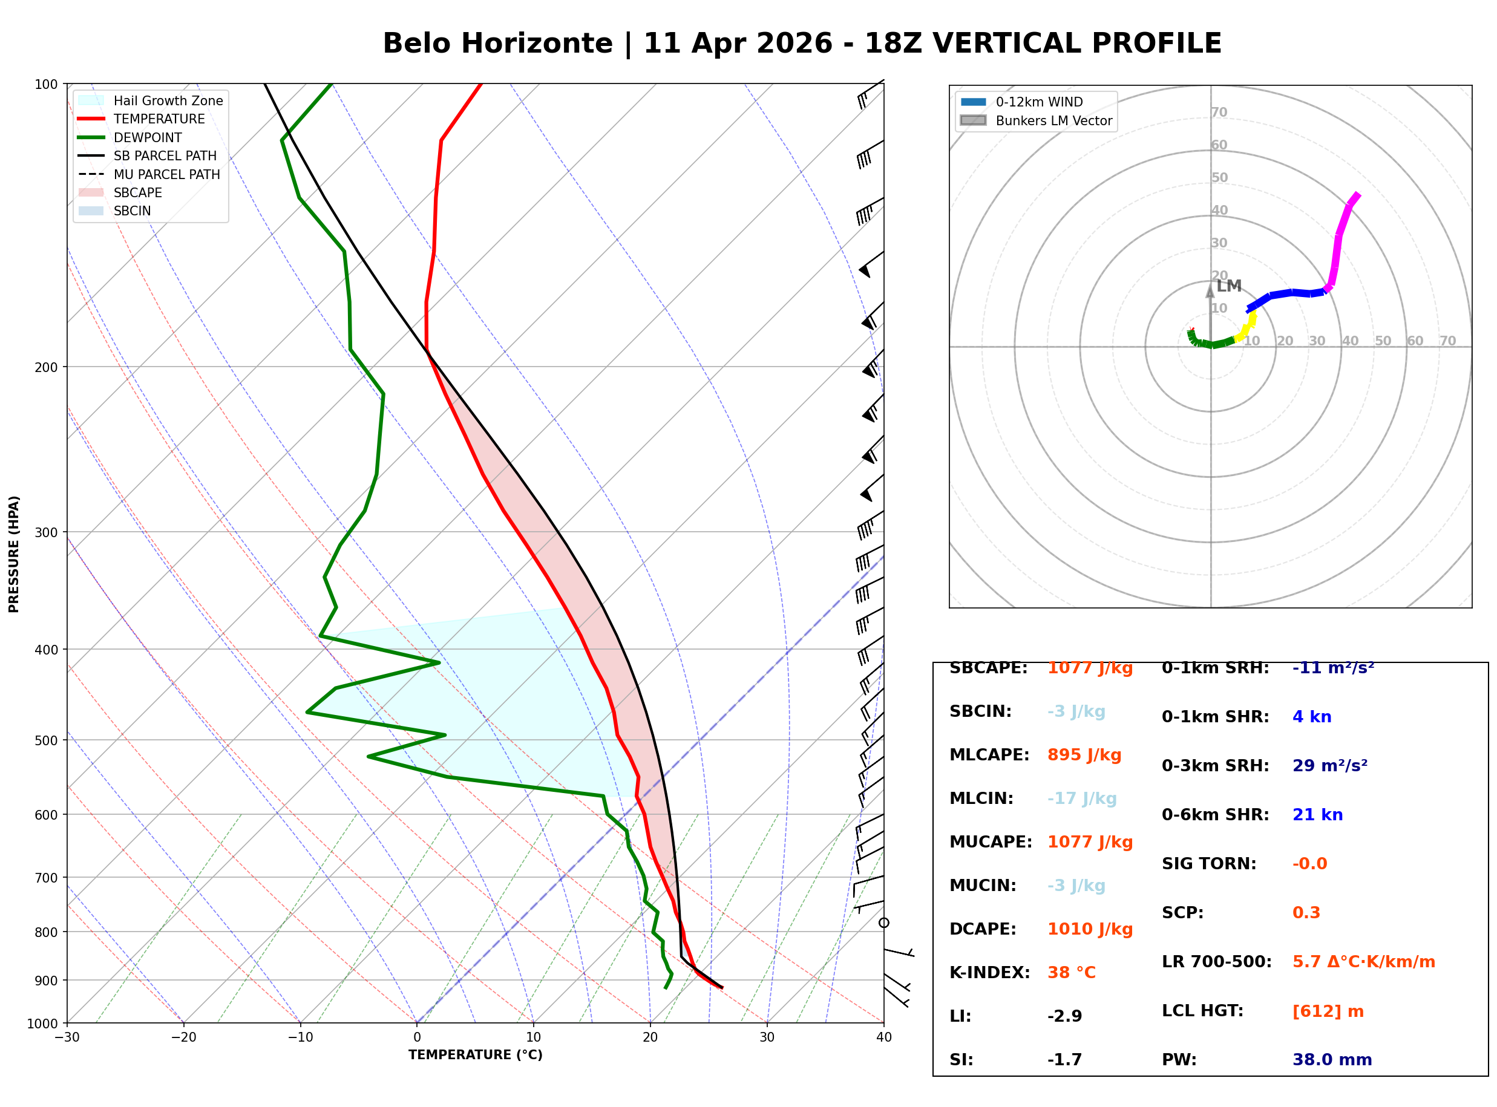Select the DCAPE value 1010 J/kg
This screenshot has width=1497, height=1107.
[1090, 929]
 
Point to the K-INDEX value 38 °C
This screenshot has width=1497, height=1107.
[1072, 973]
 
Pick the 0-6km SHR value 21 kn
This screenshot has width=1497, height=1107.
[1317, 815]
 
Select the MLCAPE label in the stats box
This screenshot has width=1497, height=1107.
[989, 755]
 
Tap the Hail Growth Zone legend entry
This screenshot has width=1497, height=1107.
[168, 101]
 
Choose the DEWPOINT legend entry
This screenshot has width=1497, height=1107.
[148, 138]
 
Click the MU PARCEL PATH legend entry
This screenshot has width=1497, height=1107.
[166, 175]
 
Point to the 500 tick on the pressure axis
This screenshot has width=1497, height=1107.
[45, 740]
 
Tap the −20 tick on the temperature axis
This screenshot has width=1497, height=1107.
[183, 1037]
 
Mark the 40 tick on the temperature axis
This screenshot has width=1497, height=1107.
[883, 1037]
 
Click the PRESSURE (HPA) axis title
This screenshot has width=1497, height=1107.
[14, 554]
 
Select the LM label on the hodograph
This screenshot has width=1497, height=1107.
[1229, 287]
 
